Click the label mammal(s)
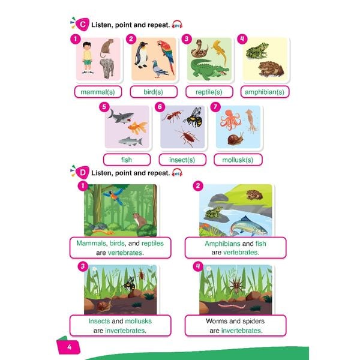point(97,92)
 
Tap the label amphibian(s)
point(264,92)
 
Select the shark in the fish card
point(118,114)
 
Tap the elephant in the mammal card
point(107,67)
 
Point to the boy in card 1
point(88,57)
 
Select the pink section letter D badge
point(82,174)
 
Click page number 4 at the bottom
point(70,347)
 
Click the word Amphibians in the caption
point(222,244)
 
